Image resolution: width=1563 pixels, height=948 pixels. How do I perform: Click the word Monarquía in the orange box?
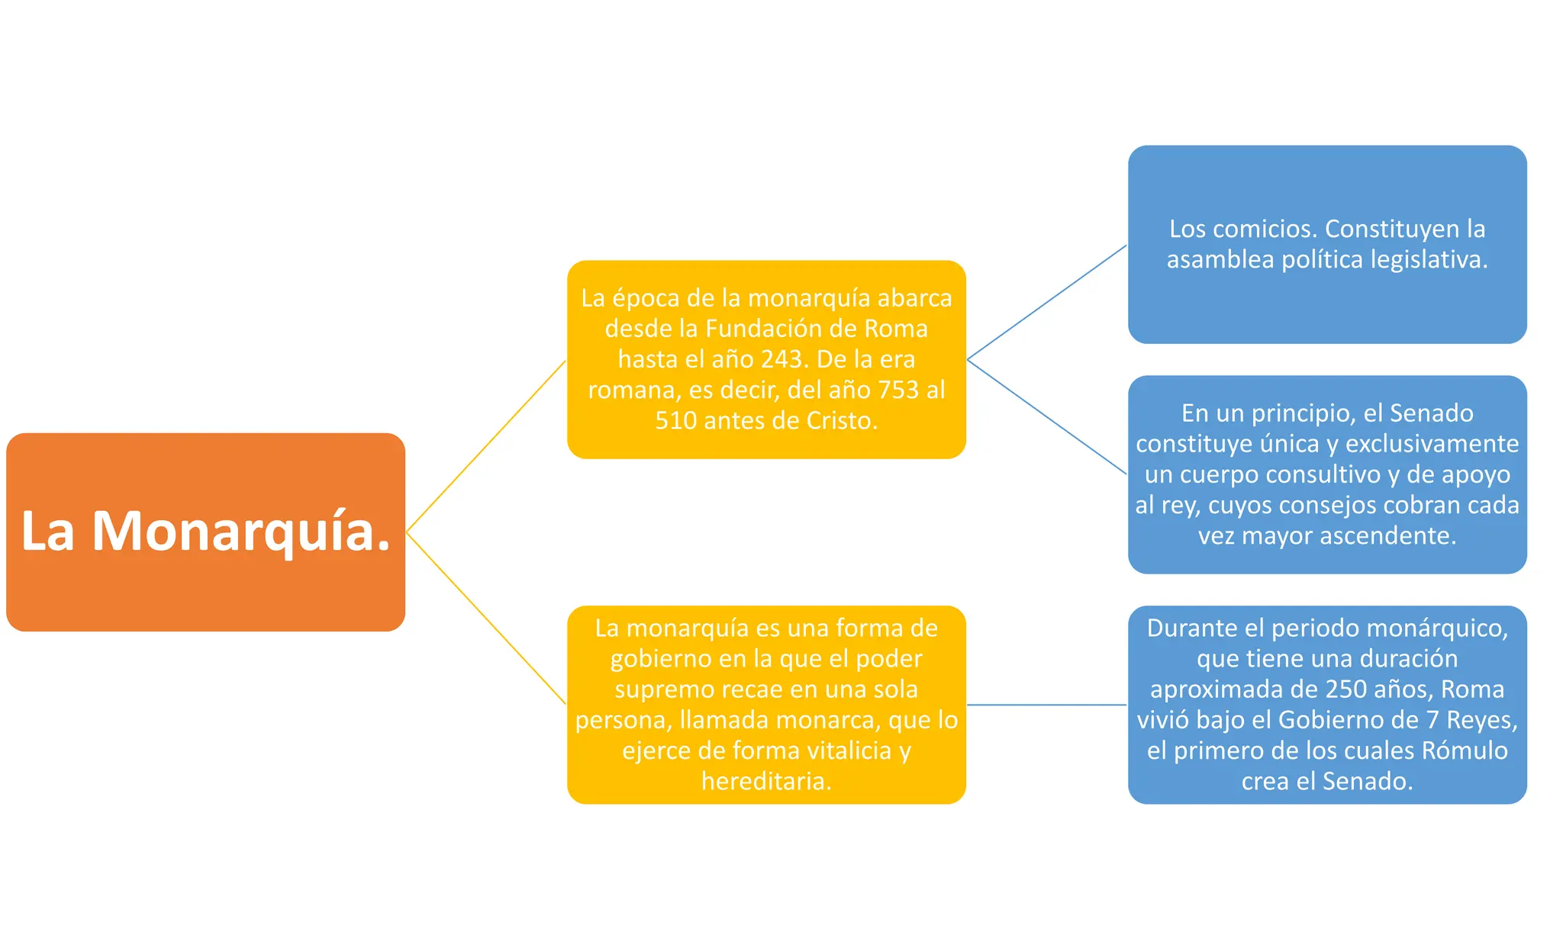click(241, 532)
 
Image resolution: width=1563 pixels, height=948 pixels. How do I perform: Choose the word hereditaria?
click(766, 782)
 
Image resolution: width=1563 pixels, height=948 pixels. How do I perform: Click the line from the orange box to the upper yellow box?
click(486, 446)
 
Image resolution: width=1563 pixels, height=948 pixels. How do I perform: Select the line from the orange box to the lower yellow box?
click(486, 619)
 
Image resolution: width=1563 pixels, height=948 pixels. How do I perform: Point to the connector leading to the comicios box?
click(1047, 302)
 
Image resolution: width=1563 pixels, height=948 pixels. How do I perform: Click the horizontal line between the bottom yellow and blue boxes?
click(1047, 705)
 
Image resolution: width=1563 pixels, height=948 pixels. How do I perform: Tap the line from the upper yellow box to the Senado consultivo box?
click(1047, 417)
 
